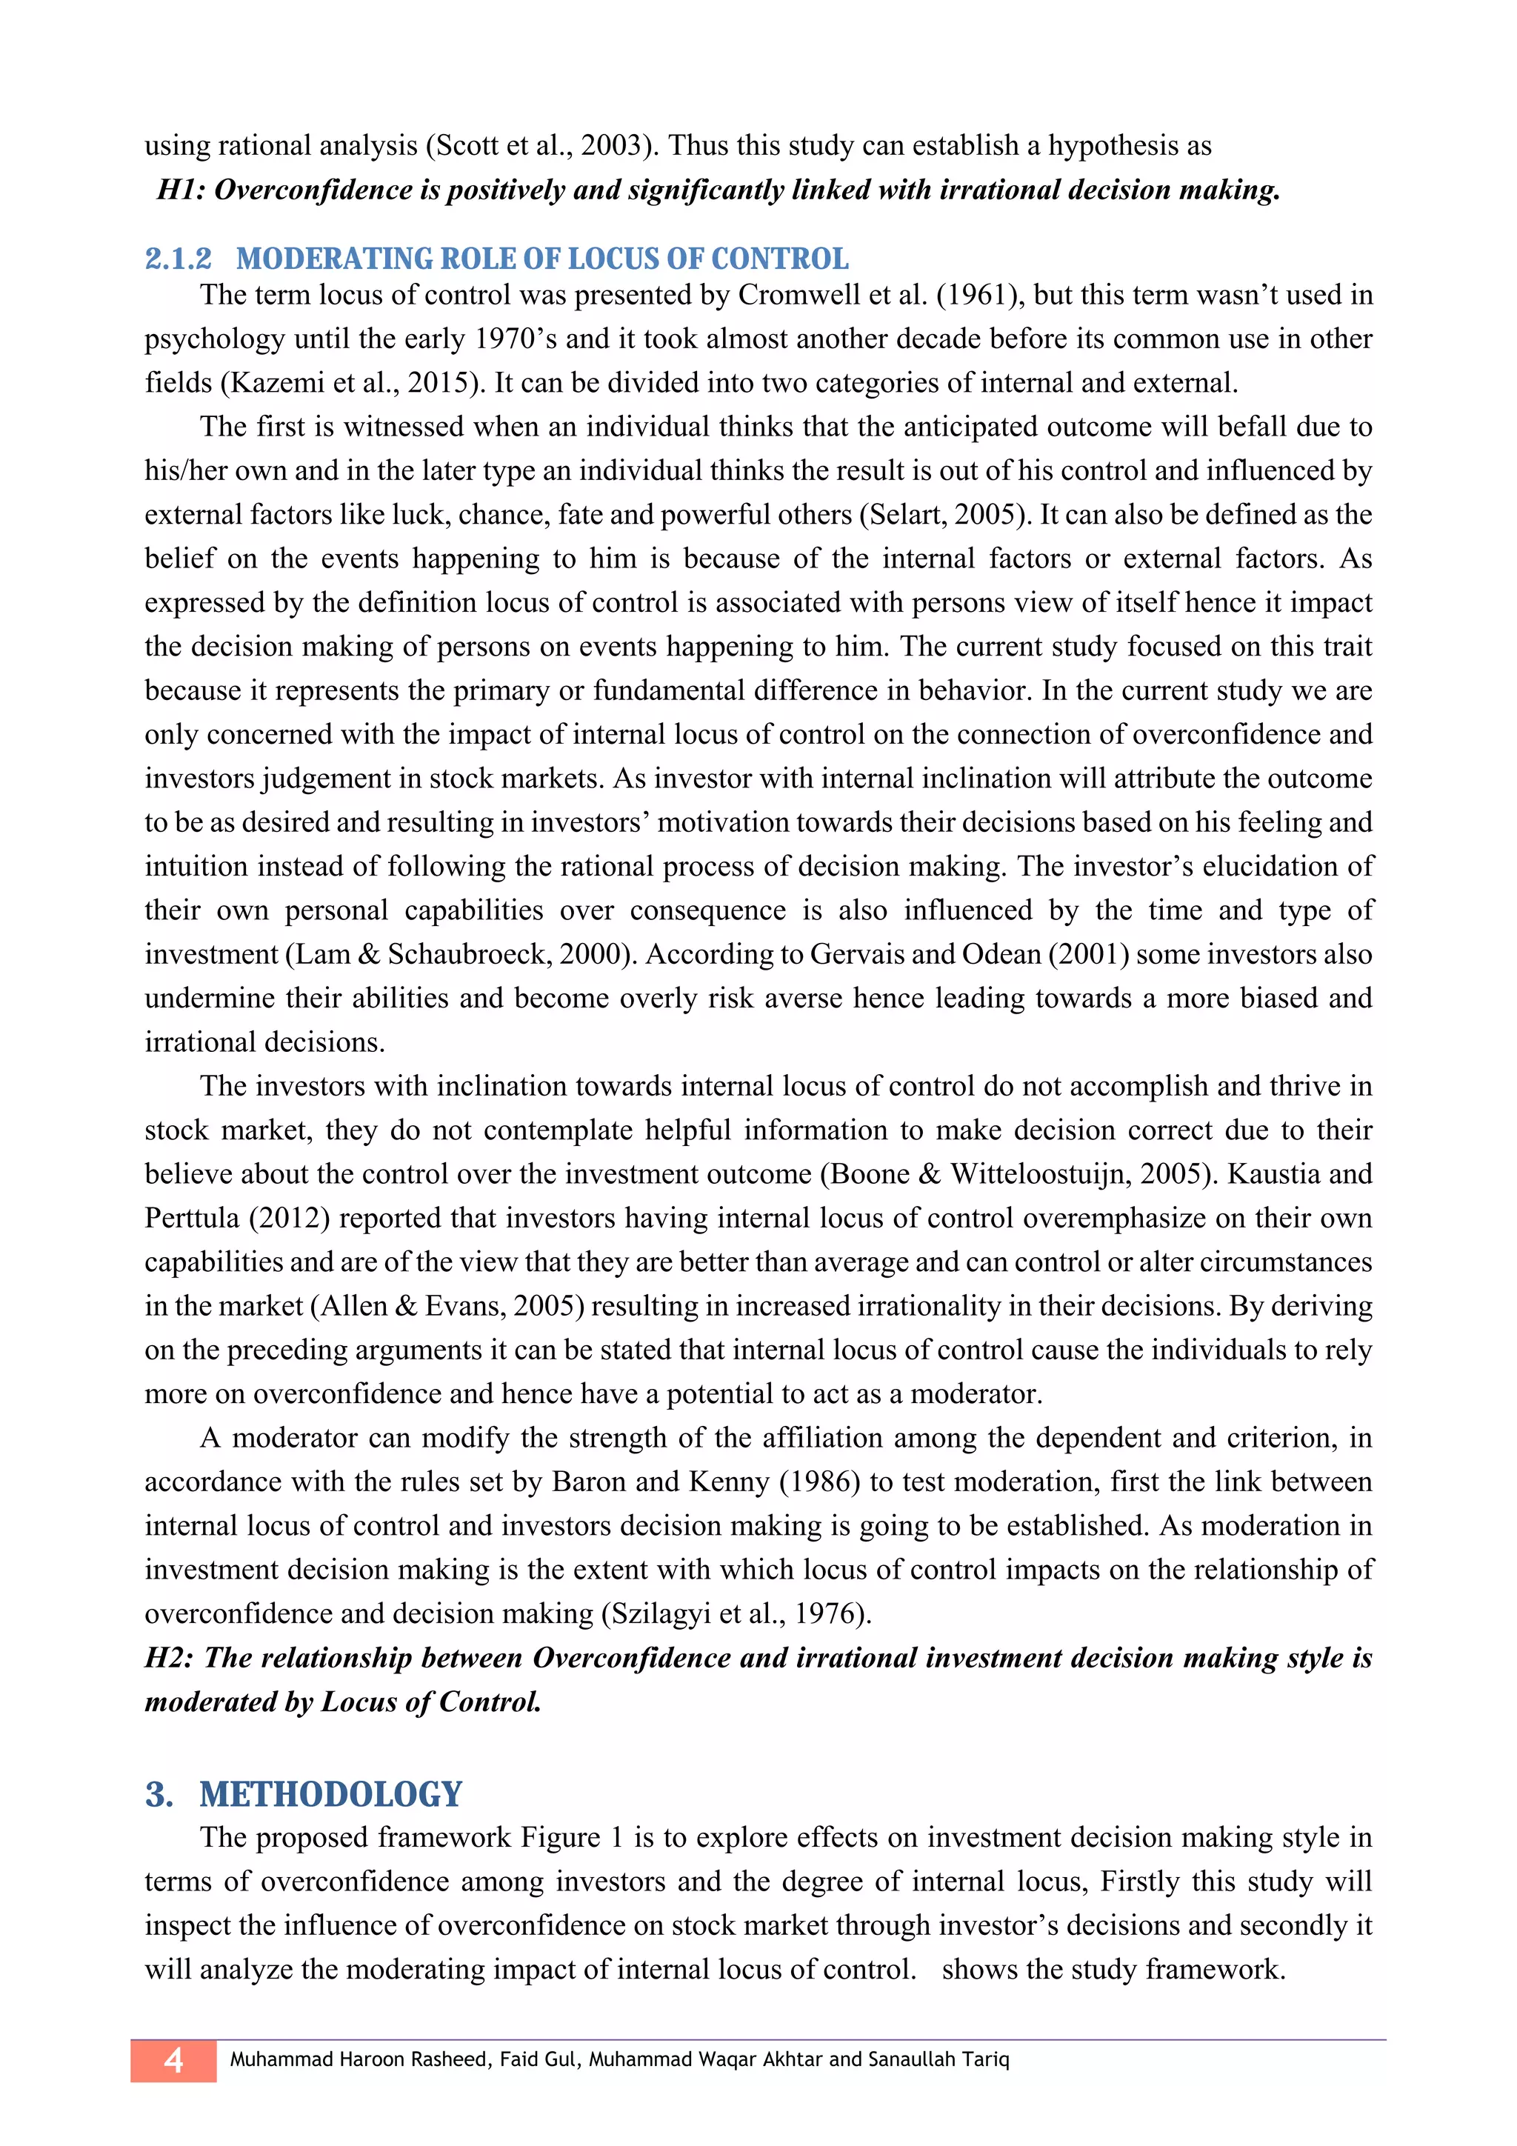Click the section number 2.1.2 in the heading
tap(179, 259)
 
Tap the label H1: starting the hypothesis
tap(181, 190)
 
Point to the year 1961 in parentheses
tap(977, 296)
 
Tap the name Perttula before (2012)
tap(192, 1218)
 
